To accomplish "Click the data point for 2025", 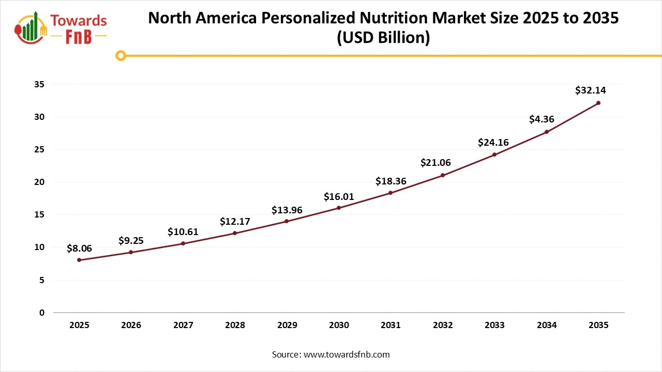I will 79,260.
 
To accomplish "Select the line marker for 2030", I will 339,208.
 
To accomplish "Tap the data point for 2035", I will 598,103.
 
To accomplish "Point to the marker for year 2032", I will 443,175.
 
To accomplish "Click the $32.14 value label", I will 590,90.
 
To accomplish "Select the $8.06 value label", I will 79,249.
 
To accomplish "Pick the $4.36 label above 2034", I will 541,119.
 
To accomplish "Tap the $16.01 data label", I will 339,196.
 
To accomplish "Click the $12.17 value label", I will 235,221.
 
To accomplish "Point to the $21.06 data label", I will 435,163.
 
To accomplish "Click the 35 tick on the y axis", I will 39,84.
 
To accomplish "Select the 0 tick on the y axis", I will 42,313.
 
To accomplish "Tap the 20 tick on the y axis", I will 39,182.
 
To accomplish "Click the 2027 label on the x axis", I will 183,326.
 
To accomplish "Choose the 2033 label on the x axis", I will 494,326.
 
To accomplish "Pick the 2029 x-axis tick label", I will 287,326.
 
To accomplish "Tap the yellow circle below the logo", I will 121,55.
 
